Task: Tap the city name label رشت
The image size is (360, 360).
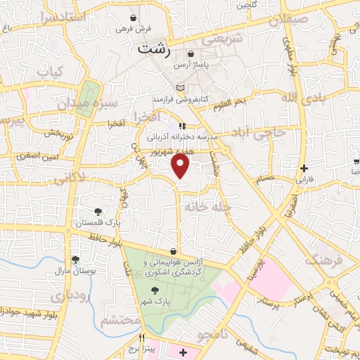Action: click(x=154, y=49)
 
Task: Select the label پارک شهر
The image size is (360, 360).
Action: click(x=154, y=300)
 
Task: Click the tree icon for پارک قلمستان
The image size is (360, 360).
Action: click(x=98, y=211)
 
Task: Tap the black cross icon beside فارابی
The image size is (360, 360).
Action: click(x=303, y=168)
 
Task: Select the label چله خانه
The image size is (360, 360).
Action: click(x=204, y=206)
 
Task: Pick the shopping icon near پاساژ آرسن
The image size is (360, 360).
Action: click(x=191, y=53)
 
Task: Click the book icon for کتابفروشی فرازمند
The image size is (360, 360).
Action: click(x=180, y=87)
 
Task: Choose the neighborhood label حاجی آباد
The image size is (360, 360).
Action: click(x=261, y=131)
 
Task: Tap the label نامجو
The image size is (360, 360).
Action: click(x=213, y=335)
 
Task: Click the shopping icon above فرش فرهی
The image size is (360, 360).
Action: click(x=134, y=17)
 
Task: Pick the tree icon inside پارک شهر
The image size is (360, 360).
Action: click(x=154, y=290)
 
